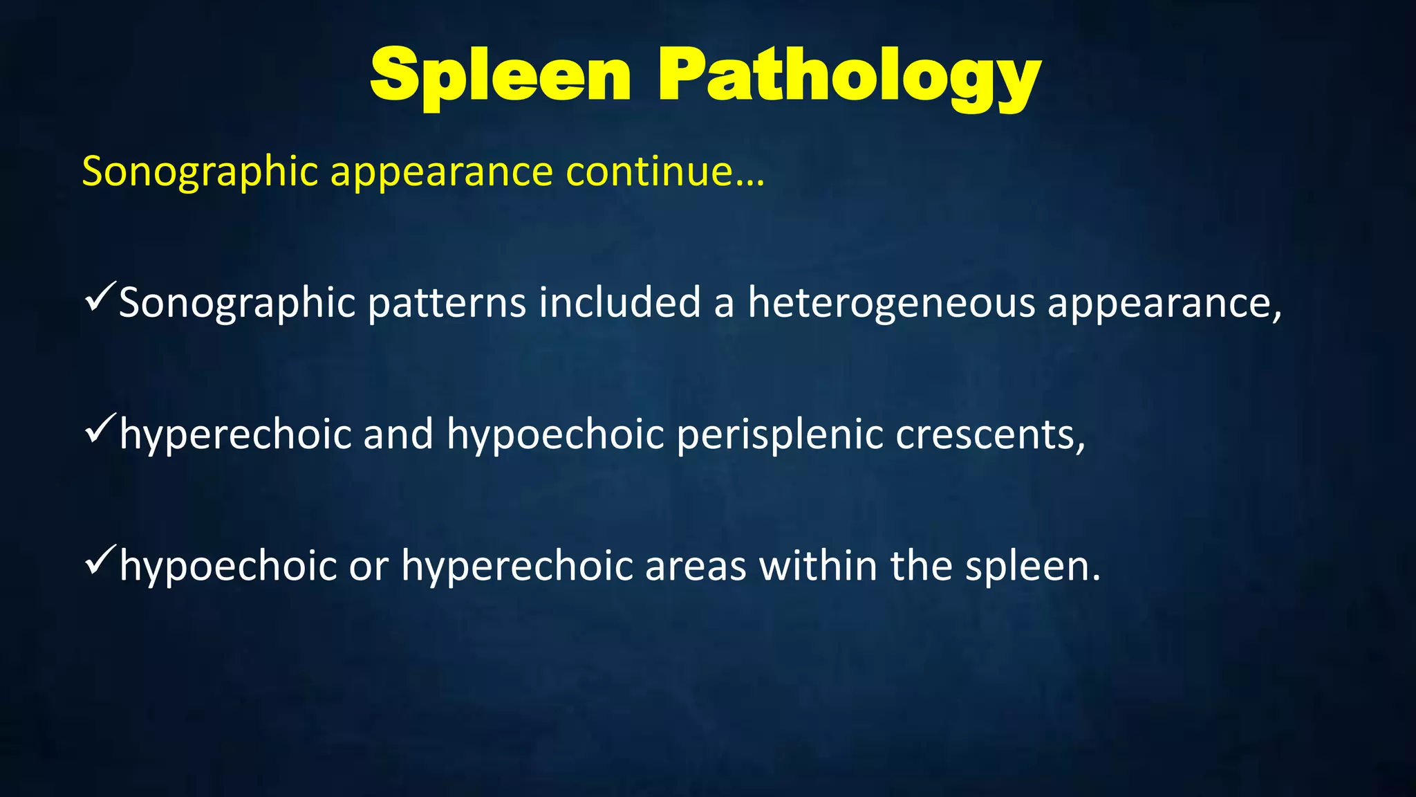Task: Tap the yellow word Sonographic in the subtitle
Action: [x=200, y=172]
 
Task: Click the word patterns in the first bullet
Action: [x=447, y=303]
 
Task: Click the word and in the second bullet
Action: [x=398, y=434]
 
